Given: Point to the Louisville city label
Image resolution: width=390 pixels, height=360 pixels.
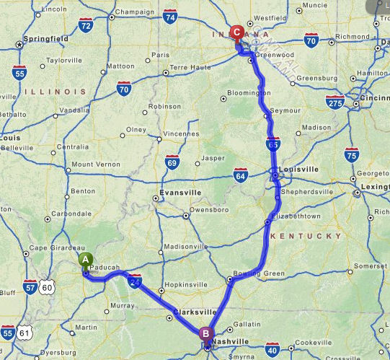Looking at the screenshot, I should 297,169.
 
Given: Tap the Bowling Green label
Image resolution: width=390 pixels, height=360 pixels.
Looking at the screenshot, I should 253,273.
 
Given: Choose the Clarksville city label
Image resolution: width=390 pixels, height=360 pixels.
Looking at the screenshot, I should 195,312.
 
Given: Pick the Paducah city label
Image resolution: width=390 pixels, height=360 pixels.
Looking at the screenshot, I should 106,267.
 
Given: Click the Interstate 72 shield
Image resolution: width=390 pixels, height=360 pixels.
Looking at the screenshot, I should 86,26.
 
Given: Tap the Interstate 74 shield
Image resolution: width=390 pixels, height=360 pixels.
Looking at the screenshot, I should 171,17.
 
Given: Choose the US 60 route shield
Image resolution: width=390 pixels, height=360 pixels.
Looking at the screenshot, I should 48,287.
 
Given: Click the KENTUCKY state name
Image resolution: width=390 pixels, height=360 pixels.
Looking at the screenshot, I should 305,236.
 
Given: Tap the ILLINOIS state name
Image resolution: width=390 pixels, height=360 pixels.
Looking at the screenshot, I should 54,92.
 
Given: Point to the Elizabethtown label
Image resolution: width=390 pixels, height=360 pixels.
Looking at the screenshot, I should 296,216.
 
